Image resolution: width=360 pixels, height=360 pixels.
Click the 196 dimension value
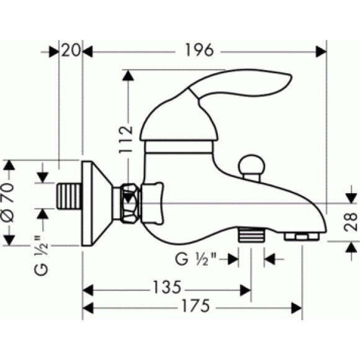coord(199,50)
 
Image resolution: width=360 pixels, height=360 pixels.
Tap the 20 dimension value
coord(71,50)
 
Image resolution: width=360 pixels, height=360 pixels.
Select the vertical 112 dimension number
coord(126,139)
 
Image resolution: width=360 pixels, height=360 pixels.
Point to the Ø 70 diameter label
coord(8,203)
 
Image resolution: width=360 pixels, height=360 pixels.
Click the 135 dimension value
coord(167,287)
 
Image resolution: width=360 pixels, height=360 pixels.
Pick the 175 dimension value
coord(196,305)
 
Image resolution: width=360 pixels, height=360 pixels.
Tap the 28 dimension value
coord(351,222)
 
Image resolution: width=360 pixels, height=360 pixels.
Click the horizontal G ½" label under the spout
coord(196,259)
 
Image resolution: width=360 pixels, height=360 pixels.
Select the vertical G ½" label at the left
coord(41,255)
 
